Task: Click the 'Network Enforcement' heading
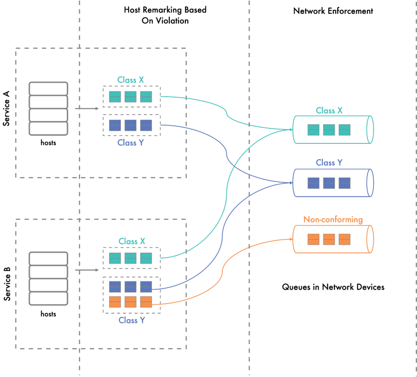point(333,11)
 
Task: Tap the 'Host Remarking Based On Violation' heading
point(165,15)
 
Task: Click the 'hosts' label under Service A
point(48,143)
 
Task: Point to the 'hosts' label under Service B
point(48,314)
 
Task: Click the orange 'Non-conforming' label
point(333,220)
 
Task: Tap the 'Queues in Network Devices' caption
point(333,287)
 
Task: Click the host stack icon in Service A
point(48,108)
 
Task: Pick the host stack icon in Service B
point(48,278)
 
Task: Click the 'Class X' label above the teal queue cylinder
point(329,111)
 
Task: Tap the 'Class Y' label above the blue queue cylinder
point(329,163)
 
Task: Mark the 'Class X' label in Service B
point(132,241)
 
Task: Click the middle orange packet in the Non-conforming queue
point(329,239)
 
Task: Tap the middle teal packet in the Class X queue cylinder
point(329,130)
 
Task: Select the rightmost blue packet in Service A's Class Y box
point(146,125)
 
